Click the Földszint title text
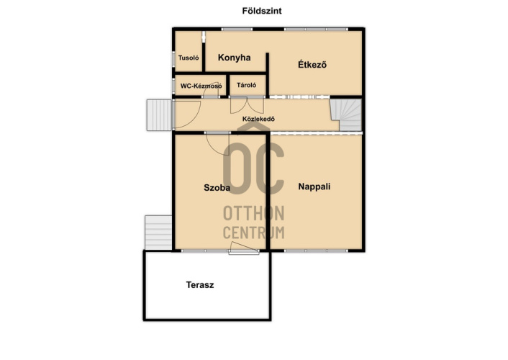tap(262, 11)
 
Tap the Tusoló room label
tap(189, 58)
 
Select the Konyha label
tap(235, 58)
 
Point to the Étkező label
tap(312, 64)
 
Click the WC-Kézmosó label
tap(201, 86)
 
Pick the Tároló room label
tap(247, 85)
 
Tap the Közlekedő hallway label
tap(258, 119)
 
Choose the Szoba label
tap(217, 187)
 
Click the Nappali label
tap(314, 186)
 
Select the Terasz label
tap(200, 284)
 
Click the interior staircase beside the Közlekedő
tap(346, 115)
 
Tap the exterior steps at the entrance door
tap(159, 115)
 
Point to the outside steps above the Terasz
tap(158, 233)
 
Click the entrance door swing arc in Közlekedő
tap(194, 120)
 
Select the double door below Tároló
tap(247, 105)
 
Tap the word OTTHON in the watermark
tap(254, 213)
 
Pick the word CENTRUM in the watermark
tap(254, 233)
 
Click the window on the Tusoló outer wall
tap(173, 59)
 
